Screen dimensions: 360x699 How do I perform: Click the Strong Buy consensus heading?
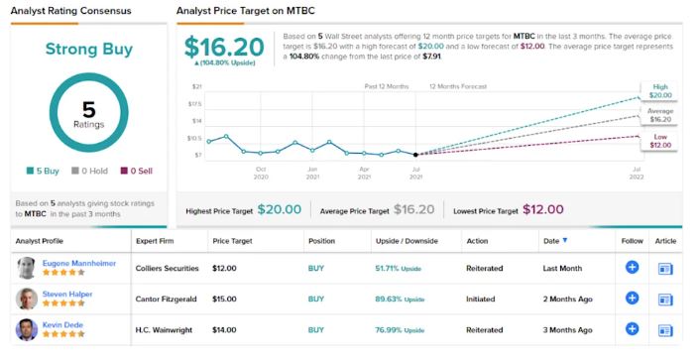87,49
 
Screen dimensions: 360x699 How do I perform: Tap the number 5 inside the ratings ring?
87,110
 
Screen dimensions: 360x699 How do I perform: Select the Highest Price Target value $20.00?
280,210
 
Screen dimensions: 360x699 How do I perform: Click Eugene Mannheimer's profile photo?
27,268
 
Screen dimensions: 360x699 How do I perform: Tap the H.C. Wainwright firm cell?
170,329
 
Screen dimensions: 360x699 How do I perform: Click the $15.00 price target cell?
226,299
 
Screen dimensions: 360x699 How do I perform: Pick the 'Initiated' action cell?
482,299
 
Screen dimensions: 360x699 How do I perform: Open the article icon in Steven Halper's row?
665,299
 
